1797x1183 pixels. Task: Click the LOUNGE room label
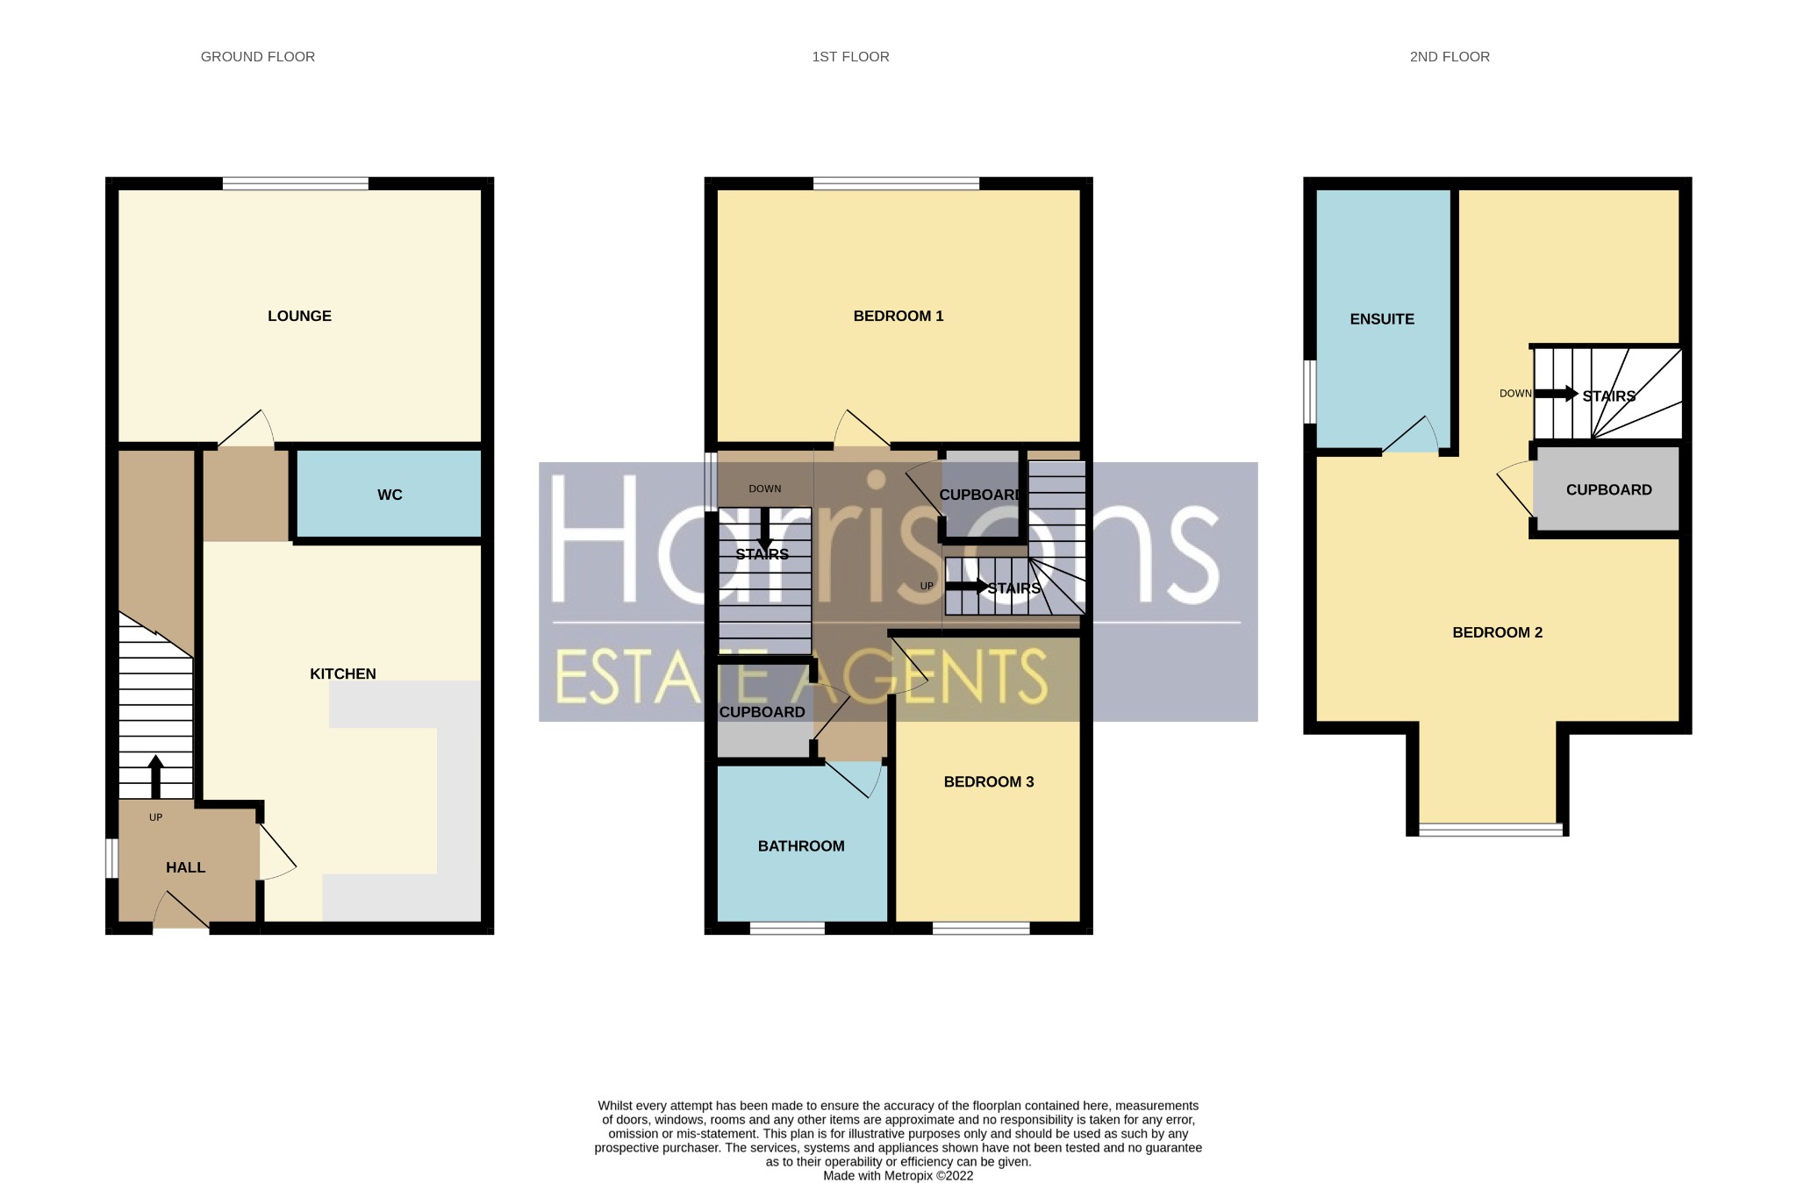point(299,316)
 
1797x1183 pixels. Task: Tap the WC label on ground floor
point(390,495)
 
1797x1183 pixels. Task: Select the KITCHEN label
point(342,673)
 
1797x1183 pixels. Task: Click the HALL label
point(185,867)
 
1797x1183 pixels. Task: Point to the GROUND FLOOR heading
point(257,57)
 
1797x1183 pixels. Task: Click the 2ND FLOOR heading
point(1449,57)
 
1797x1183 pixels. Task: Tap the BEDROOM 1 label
point(898,316)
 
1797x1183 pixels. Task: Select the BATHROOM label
point(800,845)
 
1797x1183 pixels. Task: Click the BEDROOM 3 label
point(988,781)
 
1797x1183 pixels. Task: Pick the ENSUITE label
point(1381,319)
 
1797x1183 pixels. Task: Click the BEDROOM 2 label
point(1497,632)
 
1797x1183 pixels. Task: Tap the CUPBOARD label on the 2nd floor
point(1608,489)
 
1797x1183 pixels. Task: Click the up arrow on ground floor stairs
point(155,775)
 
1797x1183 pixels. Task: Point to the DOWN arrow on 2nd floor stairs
point(1556,394)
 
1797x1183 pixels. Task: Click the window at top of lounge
point(295,183)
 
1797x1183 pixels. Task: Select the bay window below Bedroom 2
point(1490,830)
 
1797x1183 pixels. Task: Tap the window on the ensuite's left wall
point(1309,391)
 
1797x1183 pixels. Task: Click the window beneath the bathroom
point(787,928)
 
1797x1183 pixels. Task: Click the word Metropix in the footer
point(908,1176)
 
